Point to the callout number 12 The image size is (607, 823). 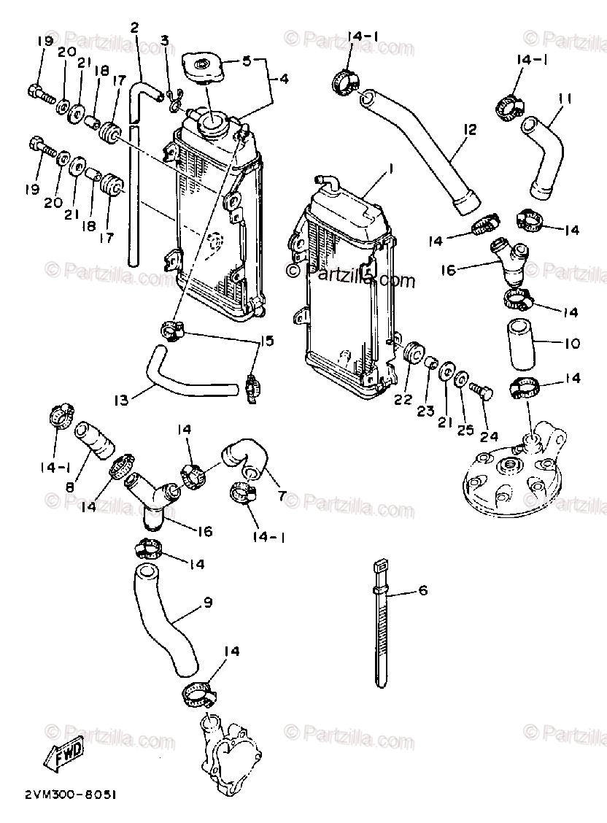tap(468, 130)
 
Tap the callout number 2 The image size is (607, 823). tap(134, 28)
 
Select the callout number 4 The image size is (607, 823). tap(283, 77)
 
